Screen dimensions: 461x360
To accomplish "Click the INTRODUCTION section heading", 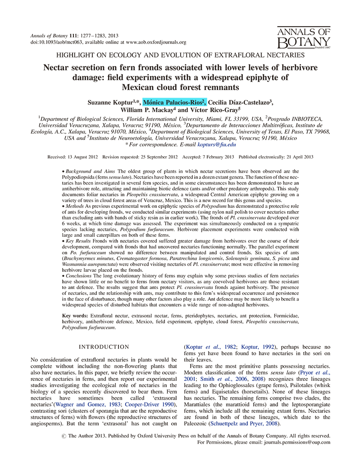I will (x=104, y=347).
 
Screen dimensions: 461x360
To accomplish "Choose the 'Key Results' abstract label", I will (x=77, y=260).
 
